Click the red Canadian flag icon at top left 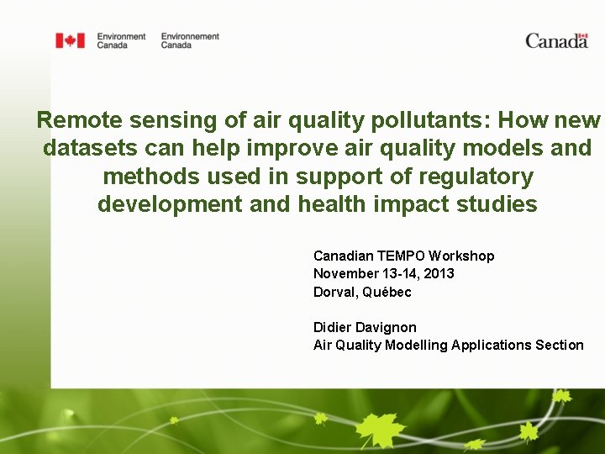coord(70,40)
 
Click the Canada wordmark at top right coord(556,40)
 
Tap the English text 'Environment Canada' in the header coord(121,40)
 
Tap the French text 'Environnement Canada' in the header coord(190,40)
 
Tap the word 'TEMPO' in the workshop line coord(401,256)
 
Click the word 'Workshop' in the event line coord(461,256)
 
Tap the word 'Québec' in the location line coord(387,292)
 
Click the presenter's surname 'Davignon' coord(388,327)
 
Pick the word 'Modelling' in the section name coord(416,345)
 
